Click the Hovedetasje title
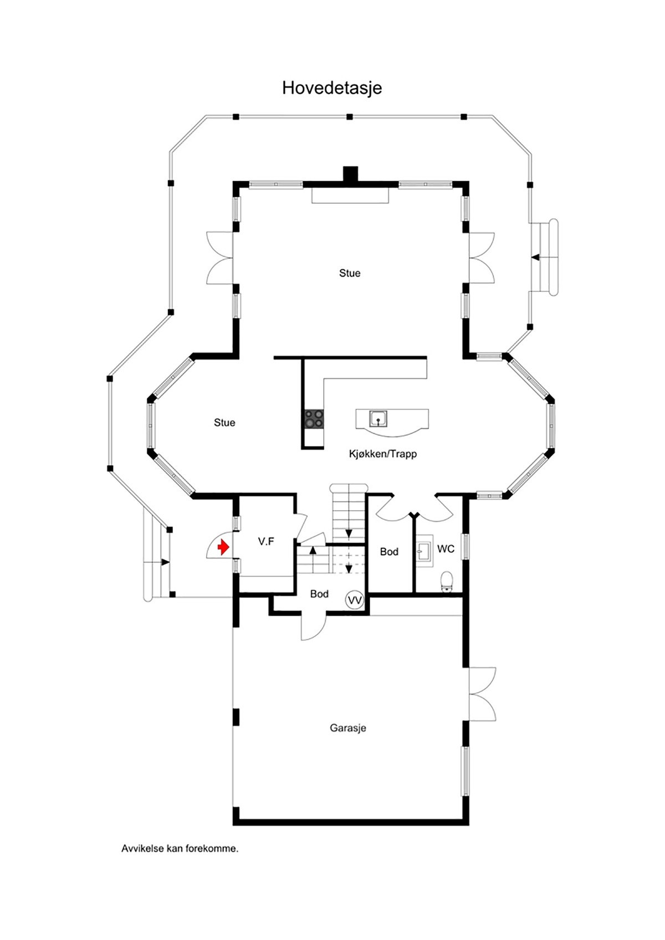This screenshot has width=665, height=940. click(x=332, y=88)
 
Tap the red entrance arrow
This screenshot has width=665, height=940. click(x=223, y=548)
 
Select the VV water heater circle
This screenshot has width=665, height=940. click(x=354, y=600)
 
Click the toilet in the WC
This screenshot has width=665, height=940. click(x=447, y=581)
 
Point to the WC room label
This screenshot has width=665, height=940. click(x=446, y=549)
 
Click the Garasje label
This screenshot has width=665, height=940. click(x=348, y=728)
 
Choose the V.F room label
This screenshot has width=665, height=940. click(x=266, y=542)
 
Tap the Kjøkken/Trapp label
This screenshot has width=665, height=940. click(x=382, y=454)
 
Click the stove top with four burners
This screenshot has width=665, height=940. click(x=314, y=419)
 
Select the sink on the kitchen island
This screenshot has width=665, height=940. click(x=378, y=419)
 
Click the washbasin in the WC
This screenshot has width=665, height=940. click(x=424, y=549)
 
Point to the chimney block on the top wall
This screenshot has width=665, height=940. click(x=351, y=174)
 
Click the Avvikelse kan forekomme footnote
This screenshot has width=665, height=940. click(x=180, y=864)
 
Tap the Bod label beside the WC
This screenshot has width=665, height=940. click(x=389, y=552)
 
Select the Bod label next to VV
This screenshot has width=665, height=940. click(x=319, y=594)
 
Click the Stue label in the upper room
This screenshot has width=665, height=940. click(x=350, y=273)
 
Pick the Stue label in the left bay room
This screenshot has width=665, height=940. click(x=224, y=423)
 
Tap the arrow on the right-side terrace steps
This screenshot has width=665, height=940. click(x=535, y=257)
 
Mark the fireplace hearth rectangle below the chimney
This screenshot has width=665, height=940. click(x=350, y=196)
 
